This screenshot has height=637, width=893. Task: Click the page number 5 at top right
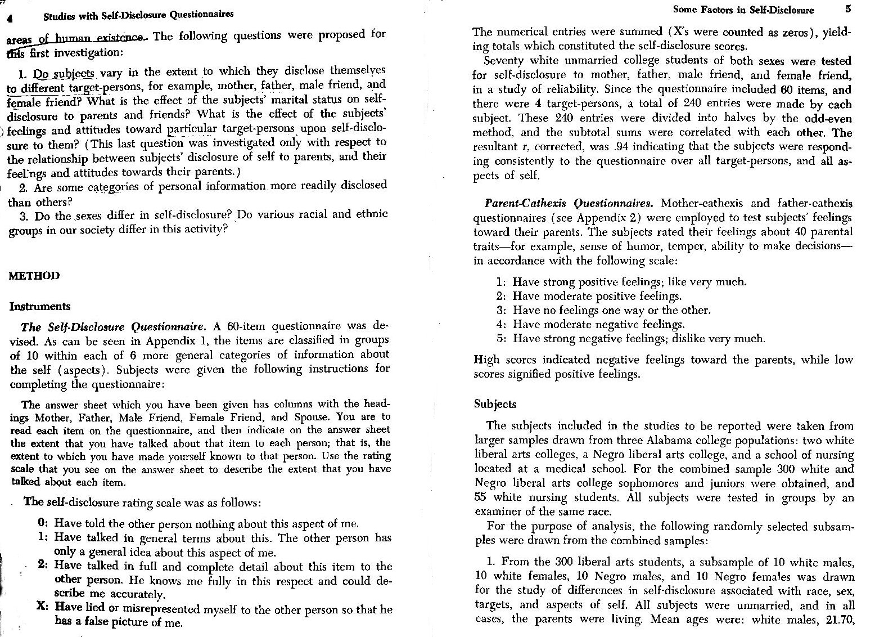point(847,10)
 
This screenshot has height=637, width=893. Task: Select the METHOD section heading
point(34,276)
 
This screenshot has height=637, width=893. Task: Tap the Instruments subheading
point(40,307)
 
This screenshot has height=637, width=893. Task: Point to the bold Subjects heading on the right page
point(495,404)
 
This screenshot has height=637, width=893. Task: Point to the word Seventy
point(504,61)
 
